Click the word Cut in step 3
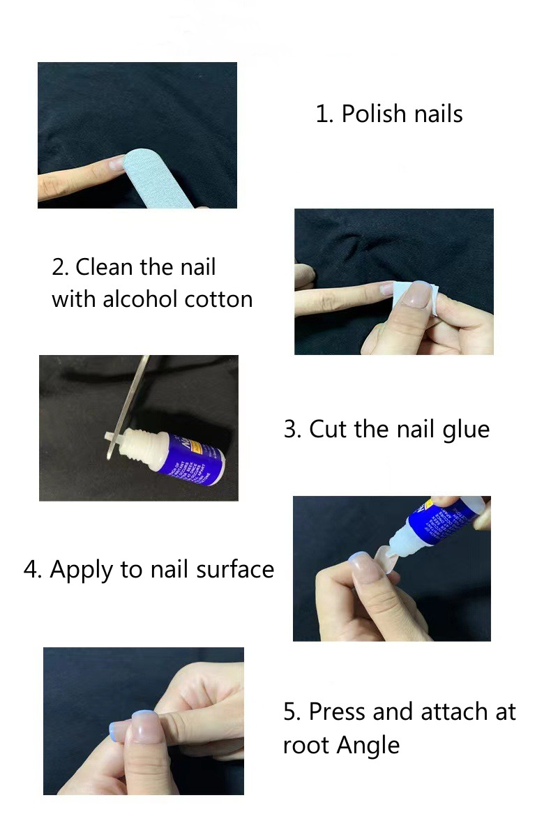point(328,429)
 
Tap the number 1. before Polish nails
point(324,114)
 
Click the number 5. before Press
point(292,712)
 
